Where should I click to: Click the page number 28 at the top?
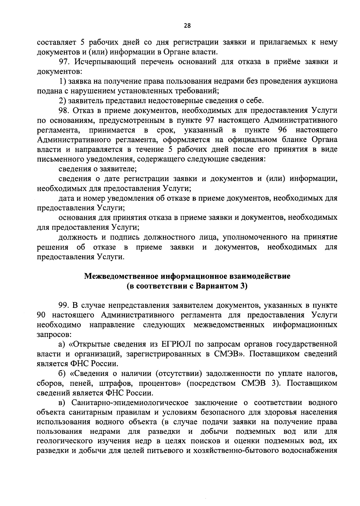(187, 26)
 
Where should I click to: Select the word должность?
(77, 237)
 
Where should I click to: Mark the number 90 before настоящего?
(42, 315)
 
